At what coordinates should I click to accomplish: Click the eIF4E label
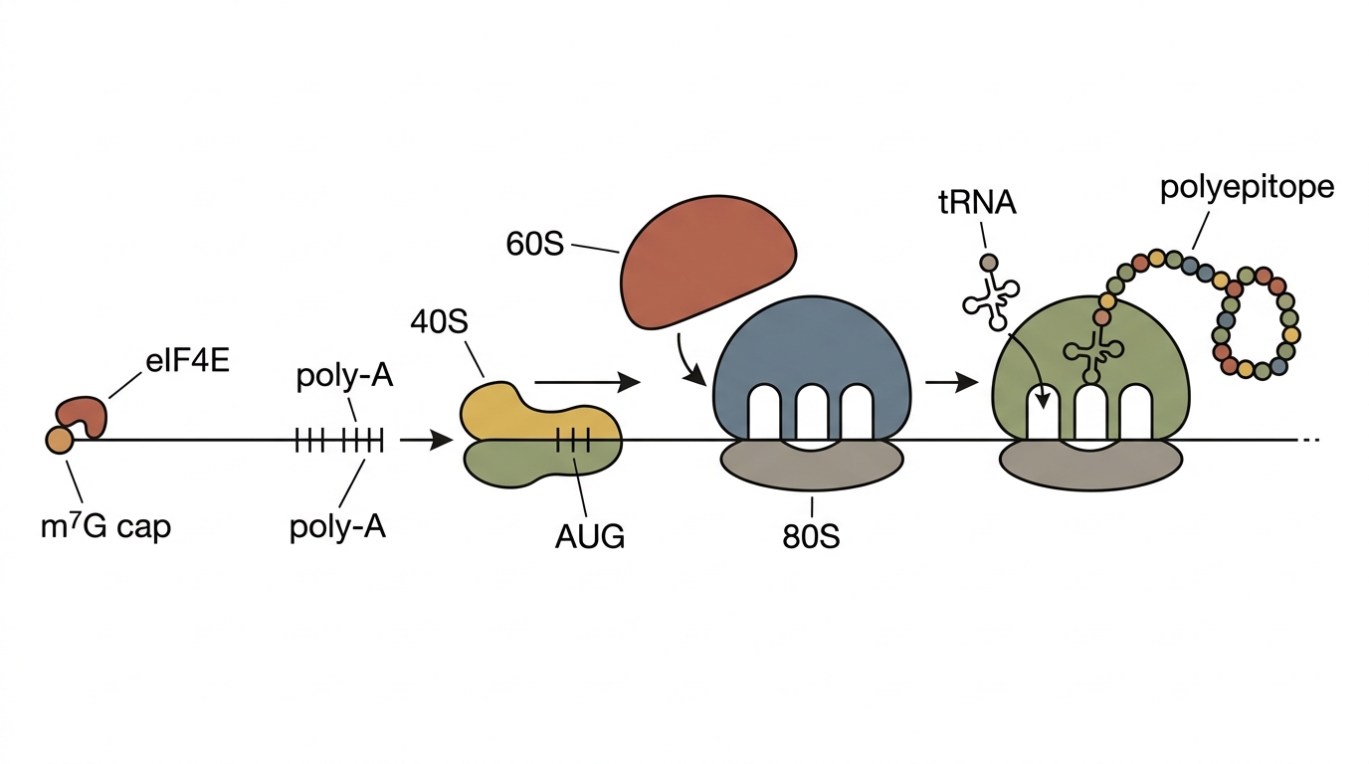(x=187, y=361)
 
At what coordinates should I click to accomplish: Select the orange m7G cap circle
(x=60, y=440)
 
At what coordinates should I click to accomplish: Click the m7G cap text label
(x=105, y=527)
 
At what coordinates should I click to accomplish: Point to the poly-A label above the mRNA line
(x=344, y=376)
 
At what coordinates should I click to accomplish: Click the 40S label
(x=439, y=321)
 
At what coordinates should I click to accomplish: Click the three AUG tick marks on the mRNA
(x=573, y=440)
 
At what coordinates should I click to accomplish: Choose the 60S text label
(x=535, y=244)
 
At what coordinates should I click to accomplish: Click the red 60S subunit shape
(x=707, y=262)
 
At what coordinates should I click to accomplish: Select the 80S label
(x=811, y=536)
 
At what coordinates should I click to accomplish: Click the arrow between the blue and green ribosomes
(x=952, y=383)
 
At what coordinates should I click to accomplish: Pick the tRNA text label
(x=977, y=204)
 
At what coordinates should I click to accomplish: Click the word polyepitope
(x=1247, y=188)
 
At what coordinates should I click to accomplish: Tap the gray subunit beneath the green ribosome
(x=1090, y=465)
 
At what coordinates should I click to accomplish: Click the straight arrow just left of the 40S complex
(x=426, y=440)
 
